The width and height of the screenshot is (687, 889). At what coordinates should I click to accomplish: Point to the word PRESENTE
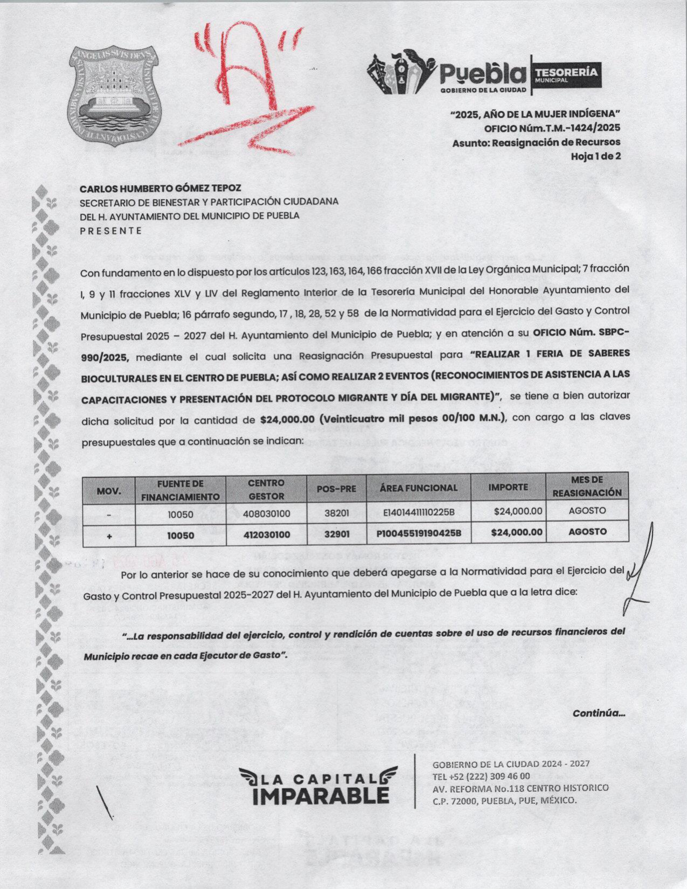(111, 231)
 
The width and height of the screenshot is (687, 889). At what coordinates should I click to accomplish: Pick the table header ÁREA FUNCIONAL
(418, 488)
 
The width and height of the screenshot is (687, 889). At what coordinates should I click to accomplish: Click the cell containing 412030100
(266, 534)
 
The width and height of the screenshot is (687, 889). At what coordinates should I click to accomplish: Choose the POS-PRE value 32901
(337, 534)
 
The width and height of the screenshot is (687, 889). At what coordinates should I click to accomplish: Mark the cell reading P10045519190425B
(419, 534)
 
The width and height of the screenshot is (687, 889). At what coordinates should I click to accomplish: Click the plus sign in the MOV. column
(109, 536)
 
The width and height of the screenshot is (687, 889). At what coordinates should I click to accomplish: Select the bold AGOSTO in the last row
(587, 532)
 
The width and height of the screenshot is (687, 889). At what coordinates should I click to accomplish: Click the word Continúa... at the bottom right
(599, 713)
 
